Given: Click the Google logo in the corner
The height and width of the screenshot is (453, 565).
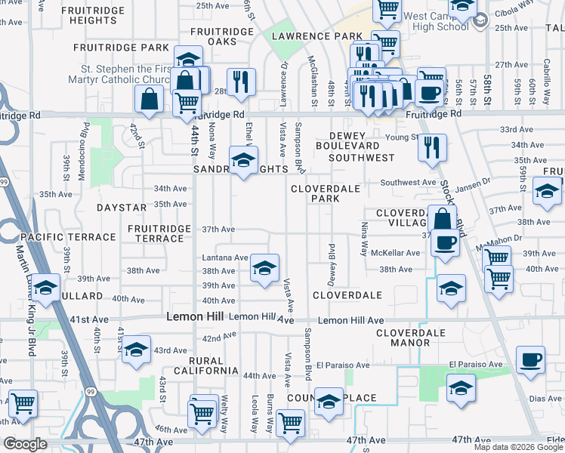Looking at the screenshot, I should click(25, 444).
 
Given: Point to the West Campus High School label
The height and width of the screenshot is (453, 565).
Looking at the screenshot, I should click(437, 21).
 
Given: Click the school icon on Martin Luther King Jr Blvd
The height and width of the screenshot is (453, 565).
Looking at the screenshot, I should click(45, 288).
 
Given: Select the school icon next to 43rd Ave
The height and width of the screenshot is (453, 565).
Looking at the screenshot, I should click(136, 349).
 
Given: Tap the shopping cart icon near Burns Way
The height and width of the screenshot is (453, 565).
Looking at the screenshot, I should click(290, 423).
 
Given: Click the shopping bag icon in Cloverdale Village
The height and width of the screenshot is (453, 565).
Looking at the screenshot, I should click(442, 219).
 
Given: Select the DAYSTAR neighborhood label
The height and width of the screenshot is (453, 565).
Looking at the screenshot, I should click(122, 207).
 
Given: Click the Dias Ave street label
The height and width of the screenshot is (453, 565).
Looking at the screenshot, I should click(545, 398).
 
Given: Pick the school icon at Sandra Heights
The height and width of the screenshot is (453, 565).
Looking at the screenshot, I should click(242, 160).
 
